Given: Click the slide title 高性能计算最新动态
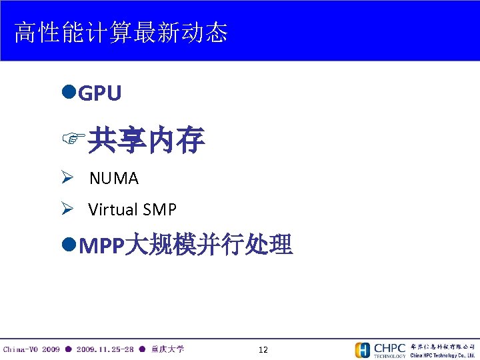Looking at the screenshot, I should (121, 32).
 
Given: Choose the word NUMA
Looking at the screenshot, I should (113, 179).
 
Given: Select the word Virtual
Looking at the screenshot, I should (112, 210).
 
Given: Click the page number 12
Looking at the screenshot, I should (263, 350).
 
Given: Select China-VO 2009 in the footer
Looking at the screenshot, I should (31, 349).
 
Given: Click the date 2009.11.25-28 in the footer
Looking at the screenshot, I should (105, 349).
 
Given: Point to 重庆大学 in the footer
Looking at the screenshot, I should (167, 349).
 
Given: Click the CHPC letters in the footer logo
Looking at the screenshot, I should (389, 347).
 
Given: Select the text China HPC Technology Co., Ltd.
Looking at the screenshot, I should (443, 355).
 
